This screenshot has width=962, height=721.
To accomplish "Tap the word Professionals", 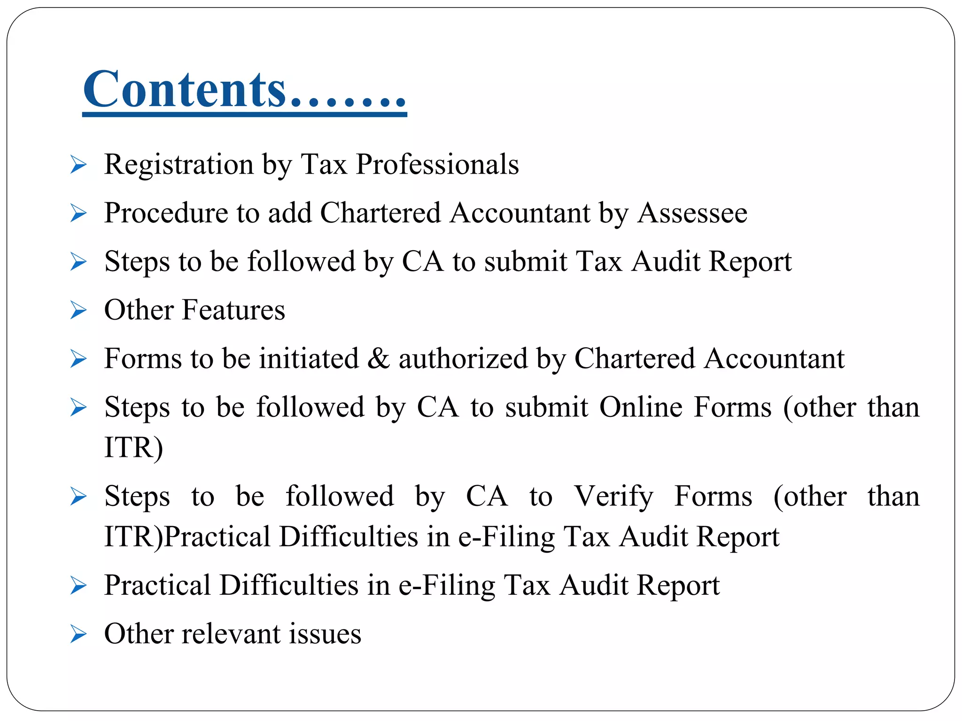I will click(437, 165).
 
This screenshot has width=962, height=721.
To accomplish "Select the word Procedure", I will click(166, 214).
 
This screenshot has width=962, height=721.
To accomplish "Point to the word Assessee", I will click(692, 214).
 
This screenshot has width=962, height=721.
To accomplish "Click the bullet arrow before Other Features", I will click(78, 310).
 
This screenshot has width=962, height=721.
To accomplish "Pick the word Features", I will click(233, 310).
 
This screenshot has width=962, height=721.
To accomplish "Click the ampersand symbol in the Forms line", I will click(379, 359).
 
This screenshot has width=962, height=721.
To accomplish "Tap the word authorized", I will click(463, 359).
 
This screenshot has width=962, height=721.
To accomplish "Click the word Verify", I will click(614, 497).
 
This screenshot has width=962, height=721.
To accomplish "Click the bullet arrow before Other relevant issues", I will click(78, 634).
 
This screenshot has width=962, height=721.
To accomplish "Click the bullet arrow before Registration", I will click(78, 165).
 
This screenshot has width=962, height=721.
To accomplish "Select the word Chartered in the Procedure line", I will click(380, 214).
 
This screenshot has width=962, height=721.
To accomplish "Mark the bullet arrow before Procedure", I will click(78, 214).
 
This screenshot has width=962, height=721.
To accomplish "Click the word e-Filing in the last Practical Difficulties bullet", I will click(447, 586).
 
